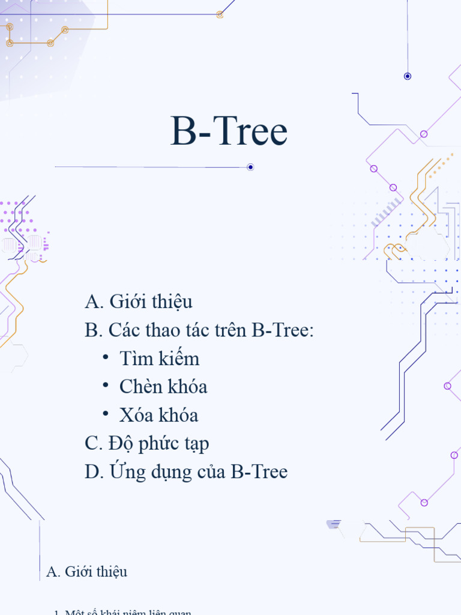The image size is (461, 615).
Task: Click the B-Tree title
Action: tap(229, 132)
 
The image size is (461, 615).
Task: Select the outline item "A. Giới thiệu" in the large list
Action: tap(139, 301)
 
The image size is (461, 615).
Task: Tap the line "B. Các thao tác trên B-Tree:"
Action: tap(199, 330)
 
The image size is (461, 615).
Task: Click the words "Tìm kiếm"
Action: tap(159, 359)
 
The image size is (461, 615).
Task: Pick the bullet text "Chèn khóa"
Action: tap(163, 387)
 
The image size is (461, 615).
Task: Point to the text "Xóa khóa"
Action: tap(158, 415)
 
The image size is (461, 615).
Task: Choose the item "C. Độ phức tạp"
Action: tap(147, 444)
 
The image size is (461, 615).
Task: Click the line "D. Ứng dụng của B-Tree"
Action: tap(186, 472)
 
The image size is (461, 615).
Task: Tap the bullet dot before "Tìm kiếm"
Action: tap(106, 357)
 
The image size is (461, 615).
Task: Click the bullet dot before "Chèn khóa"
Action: tap(106, 385)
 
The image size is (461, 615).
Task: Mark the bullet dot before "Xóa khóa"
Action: tap(106, 413)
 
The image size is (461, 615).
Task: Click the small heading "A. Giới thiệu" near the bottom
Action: tap(86, 572)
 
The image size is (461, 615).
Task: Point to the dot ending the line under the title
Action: tap(250, 167)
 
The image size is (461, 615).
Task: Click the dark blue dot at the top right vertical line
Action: tap(408, 76)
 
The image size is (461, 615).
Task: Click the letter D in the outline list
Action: tap(93, 472)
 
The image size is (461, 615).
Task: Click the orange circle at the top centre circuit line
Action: tap(220, 14)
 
